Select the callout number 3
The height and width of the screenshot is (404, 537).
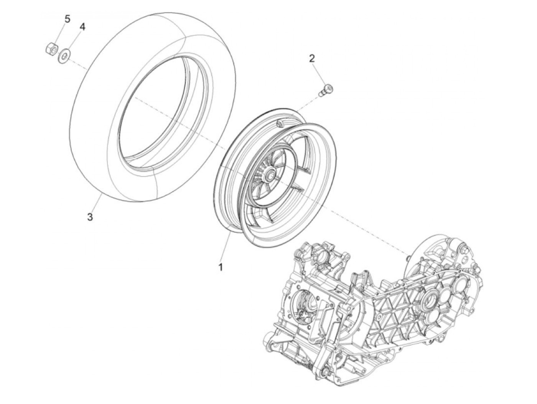(90, 217)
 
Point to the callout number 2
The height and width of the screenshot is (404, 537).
(312, 58)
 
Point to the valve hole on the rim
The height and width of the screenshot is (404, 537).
(279, 123)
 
